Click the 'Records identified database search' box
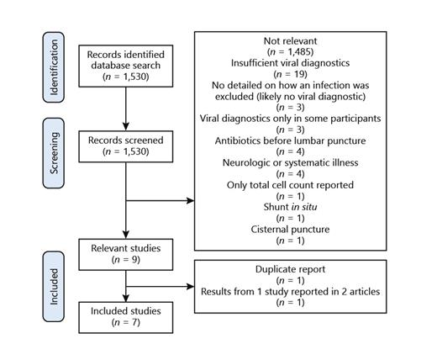[x=124, y=64]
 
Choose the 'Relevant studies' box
[x=124, y=255]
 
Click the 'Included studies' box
[x=124, y=316]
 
